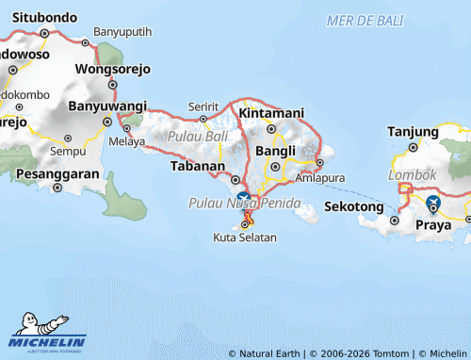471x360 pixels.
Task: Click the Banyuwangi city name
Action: click(x=106, y=106)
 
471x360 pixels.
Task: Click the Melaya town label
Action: click(x=127, y=142)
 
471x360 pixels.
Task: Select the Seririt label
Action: click(x=203, y=106)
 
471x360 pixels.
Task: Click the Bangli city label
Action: click(x=276, y=150)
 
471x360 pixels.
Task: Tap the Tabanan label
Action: click(x=198, y=165)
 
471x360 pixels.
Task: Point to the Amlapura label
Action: click(x=319, y=177)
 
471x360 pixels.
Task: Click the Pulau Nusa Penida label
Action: click(x=244, y=204)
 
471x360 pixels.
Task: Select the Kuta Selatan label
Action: click(x=245, y=237)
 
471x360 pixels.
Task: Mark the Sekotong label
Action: click(x=354, y=206)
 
